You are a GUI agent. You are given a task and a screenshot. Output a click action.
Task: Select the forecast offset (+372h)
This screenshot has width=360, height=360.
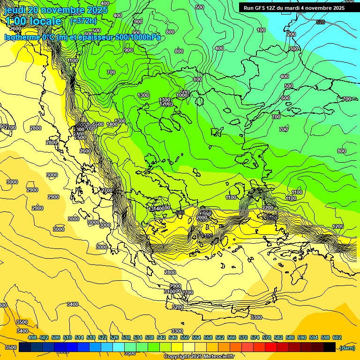click(x=83, y=21)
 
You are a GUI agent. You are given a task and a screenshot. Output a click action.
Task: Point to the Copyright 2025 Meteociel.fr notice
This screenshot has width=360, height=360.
click(x=199, y=357)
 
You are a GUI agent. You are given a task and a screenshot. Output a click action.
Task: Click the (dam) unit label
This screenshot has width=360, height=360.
click(x=346, y=347)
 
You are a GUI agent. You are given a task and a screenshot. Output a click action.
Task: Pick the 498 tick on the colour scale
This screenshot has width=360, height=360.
click(x=32, y=337)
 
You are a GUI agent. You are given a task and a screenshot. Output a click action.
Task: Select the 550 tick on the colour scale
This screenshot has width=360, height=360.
click(x=185, y=337)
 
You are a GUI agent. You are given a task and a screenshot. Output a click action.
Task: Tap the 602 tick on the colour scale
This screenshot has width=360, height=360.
click(x=337, y=337)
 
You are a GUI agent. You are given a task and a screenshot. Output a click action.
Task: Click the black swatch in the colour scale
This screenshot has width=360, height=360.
click(x=330, y=347)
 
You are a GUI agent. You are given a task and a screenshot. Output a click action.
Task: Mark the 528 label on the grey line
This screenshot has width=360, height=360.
click(x=321, y=22)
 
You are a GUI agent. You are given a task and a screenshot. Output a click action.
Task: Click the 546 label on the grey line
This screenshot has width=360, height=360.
click(x=180, y=212)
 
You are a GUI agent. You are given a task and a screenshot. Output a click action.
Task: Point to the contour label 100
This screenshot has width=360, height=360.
click(x=261, y=30)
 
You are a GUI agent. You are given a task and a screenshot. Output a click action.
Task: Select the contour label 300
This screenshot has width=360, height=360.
click(x=294, y=49)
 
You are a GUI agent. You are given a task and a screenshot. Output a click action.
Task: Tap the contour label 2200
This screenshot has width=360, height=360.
click(x=268, y=208)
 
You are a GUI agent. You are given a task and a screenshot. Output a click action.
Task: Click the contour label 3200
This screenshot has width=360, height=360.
click(x=178, y=307)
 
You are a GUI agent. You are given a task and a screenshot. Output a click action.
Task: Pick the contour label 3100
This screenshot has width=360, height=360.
click(x=170, y=292)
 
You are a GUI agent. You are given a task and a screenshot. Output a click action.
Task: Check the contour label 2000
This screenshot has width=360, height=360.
click(x=202, y=218)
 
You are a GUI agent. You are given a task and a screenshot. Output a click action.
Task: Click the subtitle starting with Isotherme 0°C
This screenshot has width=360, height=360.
click(x=82, y=37)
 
